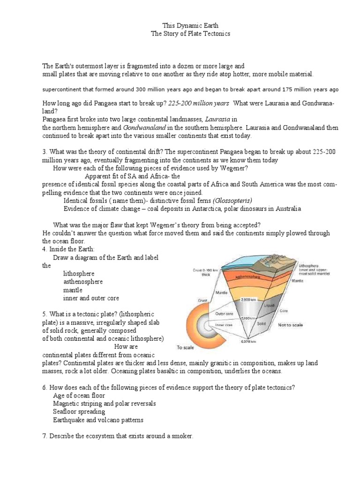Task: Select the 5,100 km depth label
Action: point(249,318)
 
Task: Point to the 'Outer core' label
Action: point(225,313)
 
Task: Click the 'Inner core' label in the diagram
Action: point(225,324)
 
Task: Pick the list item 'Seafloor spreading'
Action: point(79,412)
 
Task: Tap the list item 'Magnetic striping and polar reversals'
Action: point(105,403)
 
